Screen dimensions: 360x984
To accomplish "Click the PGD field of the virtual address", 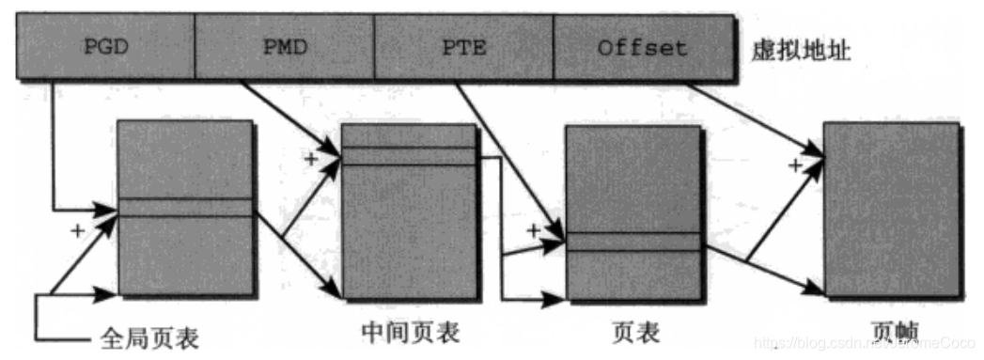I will pos(105,47).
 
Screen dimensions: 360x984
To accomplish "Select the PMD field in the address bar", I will pos(284,47).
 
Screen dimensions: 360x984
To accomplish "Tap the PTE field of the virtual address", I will pos(463,47).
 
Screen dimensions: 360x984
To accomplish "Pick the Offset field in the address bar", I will pos(642,47).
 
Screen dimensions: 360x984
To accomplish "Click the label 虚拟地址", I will pos(801,49).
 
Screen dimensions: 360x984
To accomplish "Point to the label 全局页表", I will pos(150,337).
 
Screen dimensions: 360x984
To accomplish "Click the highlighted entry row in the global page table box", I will pos(185,208).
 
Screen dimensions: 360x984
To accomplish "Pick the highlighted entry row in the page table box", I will pos(633,242).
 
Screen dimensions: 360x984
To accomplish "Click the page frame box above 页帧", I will pos(891,209).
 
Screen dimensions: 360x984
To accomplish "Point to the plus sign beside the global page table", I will pos(77,228).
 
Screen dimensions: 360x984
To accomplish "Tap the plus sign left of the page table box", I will pos(534,229).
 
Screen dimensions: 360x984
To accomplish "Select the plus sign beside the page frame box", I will pos(795,166).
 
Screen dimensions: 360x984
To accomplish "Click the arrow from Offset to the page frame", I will pos(752,117).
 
